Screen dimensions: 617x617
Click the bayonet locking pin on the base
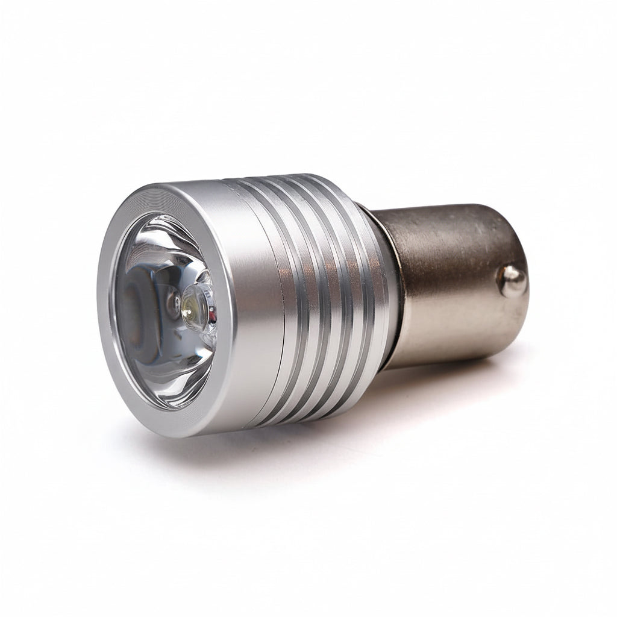(512, 281)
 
